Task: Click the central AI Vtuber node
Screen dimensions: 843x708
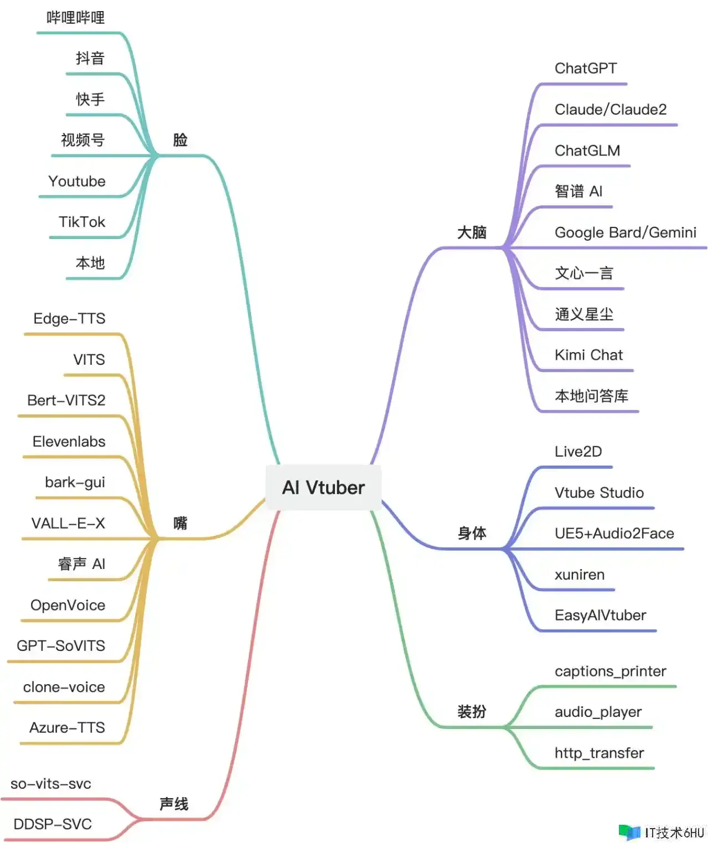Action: (323, 488)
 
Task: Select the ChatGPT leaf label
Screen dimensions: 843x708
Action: (586, 69)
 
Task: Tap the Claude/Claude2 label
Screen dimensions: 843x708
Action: (611, 110)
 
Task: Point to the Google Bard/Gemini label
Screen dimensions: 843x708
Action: (626, 232)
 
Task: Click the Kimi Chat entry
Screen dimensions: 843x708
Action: (588, 355)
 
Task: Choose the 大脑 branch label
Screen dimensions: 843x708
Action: (472, 232)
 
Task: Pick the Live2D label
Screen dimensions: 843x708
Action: (578, 452)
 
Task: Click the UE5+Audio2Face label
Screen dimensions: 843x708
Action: (614, 534)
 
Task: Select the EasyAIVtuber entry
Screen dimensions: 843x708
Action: (601, 616)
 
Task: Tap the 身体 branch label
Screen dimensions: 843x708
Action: (472, 534)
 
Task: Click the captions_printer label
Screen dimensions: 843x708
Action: (611, 671)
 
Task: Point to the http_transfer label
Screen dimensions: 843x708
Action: (600, 753)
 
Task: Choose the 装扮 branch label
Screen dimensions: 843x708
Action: (472, 712)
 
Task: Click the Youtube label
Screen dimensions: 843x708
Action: (77, 182)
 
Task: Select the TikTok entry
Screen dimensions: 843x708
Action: (82, 222)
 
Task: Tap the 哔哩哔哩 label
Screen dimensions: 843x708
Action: (76, 18)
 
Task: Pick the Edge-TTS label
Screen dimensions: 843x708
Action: (69, 319)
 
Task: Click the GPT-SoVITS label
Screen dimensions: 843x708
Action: (61, 646)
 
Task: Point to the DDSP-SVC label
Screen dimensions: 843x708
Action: (53, 824)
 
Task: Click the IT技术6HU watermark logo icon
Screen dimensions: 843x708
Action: (629, 832)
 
